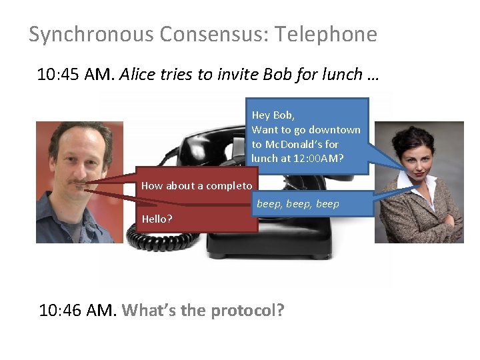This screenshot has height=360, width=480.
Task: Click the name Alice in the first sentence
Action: (x=138, y=75)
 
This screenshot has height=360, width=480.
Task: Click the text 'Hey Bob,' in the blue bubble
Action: (x=273, y=115)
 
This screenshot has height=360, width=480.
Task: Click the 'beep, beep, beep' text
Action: (x=298, y=204)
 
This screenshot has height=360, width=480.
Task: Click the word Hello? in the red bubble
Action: (x=157, y=219)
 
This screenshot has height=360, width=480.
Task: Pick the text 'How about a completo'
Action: (x=197, y=186)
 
